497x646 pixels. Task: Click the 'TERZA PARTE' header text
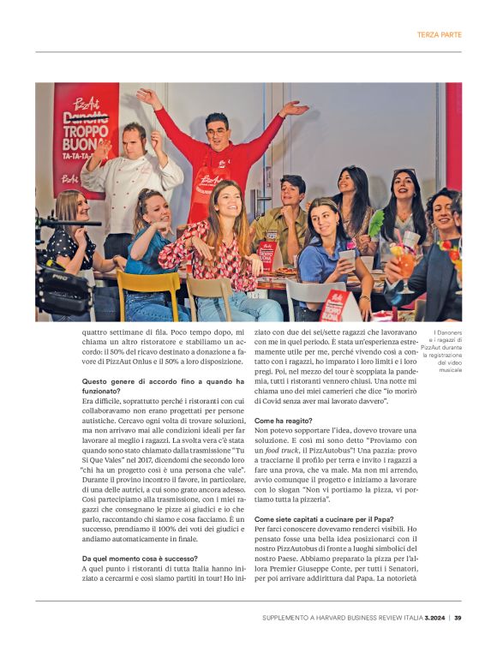[439, 35]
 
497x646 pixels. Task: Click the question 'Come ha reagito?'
[284, 421]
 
